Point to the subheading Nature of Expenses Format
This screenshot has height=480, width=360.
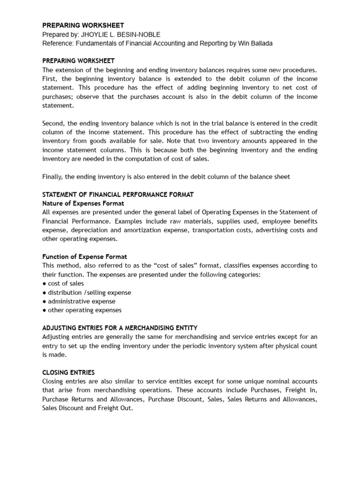83,203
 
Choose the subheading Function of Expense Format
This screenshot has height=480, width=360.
84,256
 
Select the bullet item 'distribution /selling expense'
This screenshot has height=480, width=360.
89,292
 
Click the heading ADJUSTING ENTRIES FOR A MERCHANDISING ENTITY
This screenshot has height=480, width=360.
120,328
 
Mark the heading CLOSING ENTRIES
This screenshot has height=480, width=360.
68,372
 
